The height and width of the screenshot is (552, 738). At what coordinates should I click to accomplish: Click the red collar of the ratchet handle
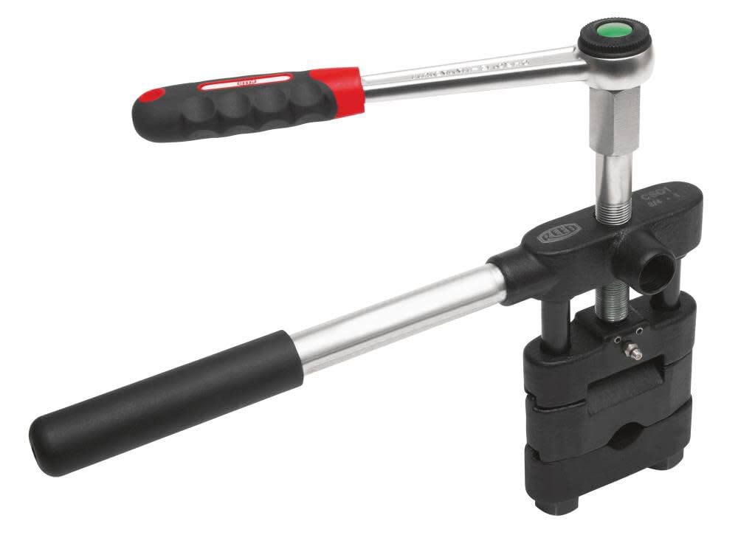(x=338, y=89)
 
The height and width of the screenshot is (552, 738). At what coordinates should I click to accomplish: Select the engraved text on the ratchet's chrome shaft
(x=472, y=71)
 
